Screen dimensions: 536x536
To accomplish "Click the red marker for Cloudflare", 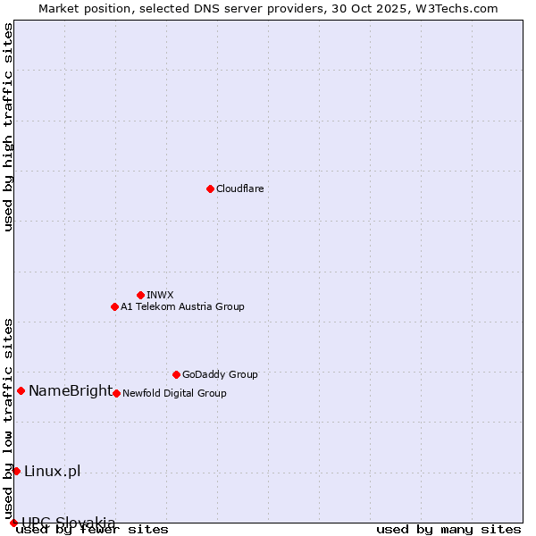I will pyautogui.click(x=210, y=188).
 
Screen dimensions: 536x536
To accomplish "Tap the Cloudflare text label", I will pyautogui.click(x=239, y=189).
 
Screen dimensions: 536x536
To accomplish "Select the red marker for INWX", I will pyautogui.click(x=140, y=295).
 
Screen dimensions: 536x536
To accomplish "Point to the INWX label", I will pyautogui.click(x=160, y=296).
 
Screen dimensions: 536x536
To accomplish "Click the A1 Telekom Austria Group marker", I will pyautogui.click(x=114, y=306).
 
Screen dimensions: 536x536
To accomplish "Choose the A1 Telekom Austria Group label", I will pyautogui.click(x=182, y=307).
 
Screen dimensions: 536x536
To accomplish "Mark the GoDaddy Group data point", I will pyautogui.click(x=176, y=374).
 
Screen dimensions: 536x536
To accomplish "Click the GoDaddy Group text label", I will pyautogui.click(x=220, y=375).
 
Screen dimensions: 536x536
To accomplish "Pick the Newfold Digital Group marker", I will pyautogui.click(x=116, y=393).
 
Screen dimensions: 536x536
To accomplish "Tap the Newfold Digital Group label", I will pyautogui.click(x=174, y=394).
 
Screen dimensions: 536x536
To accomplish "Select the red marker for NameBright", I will pyautogui.click(x=21, y=390).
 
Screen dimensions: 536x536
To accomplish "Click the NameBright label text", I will pyautogui.click(x=71, y=391).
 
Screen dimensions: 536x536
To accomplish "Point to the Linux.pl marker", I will pyautogui.click(x=16, y=471).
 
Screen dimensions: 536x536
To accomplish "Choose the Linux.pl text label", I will pyautogui.click(x=52, y=472).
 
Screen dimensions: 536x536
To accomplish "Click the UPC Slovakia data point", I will pyautogui.click(x=13, y=523).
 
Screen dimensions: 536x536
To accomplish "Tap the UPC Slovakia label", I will pyautogui.click(x=69, y=523).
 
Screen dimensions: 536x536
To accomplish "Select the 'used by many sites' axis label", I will pyautogui.click(x=448, y=530).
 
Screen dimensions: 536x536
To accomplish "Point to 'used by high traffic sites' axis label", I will pyautogui.click(x=9, y=127).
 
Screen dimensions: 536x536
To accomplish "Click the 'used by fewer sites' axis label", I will pyautogui.click(x=92, y=530).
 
